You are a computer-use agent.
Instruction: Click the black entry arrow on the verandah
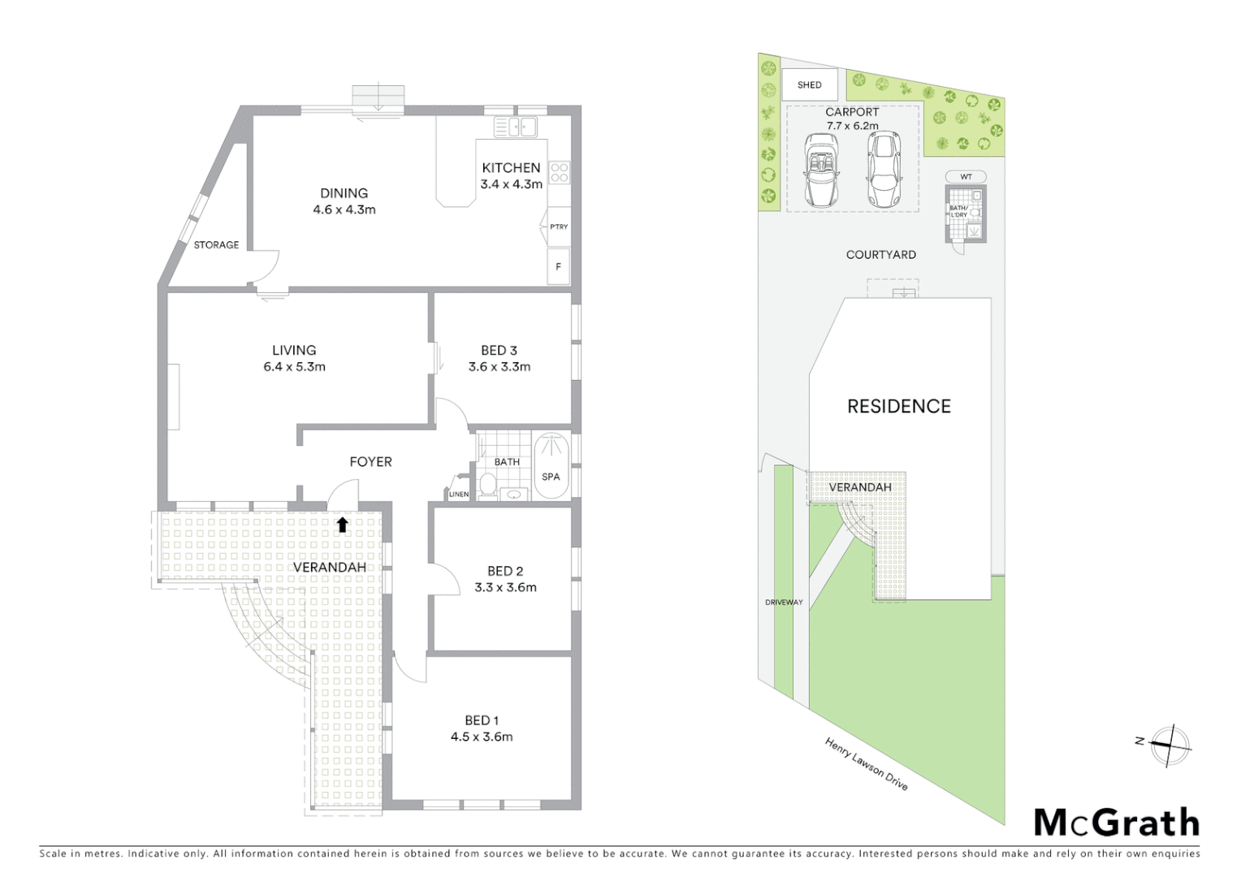tap(342, 525)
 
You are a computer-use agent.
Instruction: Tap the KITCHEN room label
tap(511, 168)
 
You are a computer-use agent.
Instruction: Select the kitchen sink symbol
tap(516, 127)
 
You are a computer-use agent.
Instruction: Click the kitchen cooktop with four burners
tap(560, 172)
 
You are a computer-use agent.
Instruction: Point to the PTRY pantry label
tap(559, 227)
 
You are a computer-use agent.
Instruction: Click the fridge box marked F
tap(558, 266)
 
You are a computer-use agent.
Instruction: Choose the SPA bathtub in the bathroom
tap(551, 466)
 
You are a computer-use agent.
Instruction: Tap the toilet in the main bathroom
tap(488, 485)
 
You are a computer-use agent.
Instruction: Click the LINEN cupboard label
tap(459, 494)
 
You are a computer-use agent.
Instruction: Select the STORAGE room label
tap(216, 244)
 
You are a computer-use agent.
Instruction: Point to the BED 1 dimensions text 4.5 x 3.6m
tap(482, 737)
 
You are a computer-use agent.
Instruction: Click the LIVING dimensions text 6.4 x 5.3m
tap(294, 367)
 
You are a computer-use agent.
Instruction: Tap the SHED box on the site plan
tap(810, 84)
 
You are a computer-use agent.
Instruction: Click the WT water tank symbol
tap(966, 176)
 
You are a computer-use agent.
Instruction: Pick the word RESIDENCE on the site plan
tap(899, 406)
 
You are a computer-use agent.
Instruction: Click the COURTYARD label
tap(881, 254)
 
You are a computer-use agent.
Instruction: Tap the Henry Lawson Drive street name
tap(866, 764)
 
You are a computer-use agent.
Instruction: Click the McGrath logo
tap(1117, 823)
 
